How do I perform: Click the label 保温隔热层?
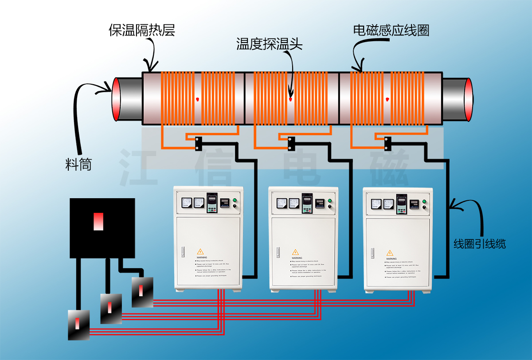click(142, 30)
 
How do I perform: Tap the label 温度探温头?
click(269, 44)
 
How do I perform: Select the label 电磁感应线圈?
click(391, 30)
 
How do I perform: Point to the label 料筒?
click(78, 165)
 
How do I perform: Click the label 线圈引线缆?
click(479, 243)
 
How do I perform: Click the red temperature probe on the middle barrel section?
click(290, 99)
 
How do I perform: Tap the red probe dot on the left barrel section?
click(197, 98)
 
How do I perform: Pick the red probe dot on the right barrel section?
click(387, 98)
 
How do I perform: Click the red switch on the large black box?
click(98, 221)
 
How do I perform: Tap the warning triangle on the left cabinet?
click(200, 251)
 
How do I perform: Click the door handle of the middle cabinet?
click(278, 252)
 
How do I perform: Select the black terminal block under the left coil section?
click(198, 143)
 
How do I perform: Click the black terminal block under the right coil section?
click(387, 143)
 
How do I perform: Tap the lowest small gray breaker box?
click(78, 325)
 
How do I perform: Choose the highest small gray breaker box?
click(142, 292)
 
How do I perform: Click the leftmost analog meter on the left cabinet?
click(185, 203)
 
